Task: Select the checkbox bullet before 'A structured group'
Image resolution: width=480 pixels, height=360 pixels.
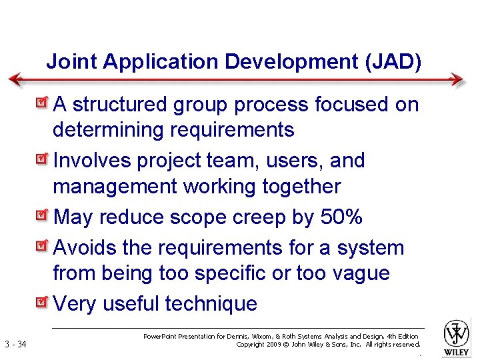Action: click(x=43, y=103)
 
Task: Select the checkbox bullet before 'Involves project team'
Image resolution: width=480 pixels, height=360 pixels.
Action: click(x=43, y=160)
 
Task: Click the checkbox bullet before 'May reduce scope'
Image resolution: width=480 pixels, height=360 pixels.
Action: click(x=43, y=216)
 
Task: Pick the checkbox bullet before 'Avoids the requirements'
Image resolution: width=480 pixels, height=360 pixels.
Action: click(x=43, y=247)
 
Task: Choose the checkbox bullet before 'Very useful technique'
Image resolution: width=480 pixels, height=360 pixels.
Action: click(x=43, y=303)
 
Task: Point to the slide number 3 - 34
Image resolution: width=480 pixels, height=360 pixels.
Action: click(x=15, y=345)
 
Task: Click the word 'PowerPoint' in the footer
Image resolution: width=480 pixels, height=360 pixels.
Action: click(x=163, y=337)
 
